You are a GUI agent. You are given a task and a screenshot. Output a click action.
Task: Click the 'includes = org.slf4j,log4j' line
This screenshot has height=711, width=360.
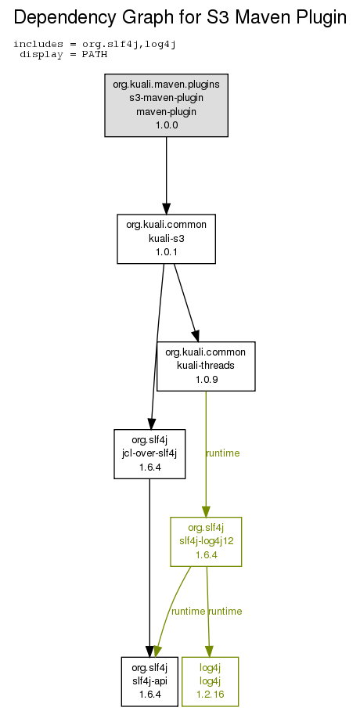click(95, 44)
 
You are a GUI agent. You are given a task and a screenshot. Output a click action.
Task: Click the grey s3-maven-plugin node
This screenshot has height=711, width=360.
click(167, 105)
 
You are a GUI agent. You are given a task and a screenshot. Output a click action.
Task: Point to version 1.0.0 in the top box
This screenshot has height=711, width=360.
click(167, 125)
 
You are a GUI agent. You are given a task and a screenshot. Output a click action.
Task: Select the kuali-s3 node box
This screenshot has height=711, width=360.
click(167, 239)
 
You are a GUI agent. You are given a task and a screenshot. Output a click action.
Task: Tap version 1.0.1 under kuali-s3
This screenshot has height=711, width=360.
click(167, 251)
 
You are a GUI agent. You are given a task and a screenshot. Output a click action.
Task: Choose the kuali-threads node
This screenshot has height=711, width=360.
click(206, 366)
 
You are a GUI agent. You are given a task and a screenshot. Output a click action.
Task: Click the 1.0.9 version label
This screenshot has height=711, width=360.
click(207, 380)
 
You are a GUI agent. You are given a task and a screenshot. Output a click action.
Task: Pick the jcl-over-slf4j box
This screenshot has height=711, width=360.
click(149, 454)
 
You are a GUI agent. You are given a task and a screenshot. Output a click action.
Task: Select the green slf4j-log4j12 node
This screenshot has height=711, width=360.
click(206, 541)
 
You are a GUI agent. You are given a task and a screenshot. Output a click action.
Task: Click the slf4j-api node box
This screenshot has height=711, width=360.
click(149, 681)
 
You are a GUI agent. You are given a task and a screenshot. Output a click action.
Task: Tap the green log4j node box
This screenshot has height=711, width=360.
click(210, 681)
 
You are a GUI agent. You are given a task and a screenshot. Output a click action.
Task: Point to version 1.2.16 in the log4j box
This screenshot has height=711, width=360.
click(210, 695)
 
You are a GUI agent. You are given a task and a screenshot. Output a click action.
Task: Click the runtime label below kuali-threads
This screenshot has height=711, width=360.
click(222, 453)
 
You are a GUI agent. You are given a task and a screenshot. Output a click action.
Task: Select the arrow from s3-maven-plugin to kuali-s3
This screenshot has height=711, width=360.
click(167, 175)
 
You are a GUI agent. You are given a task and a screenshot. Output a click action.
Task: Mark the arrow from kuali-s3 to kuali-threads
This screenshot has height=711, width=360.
click(186, 302)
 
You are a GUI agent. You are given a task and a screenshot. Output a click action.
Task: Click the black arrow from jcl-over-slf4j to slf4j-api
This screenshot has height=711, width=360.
click(149, 568)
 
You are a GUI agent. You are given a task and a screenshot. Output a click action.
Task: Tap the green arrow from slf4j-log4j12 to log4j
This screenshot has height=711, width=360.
click(208, 612)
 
